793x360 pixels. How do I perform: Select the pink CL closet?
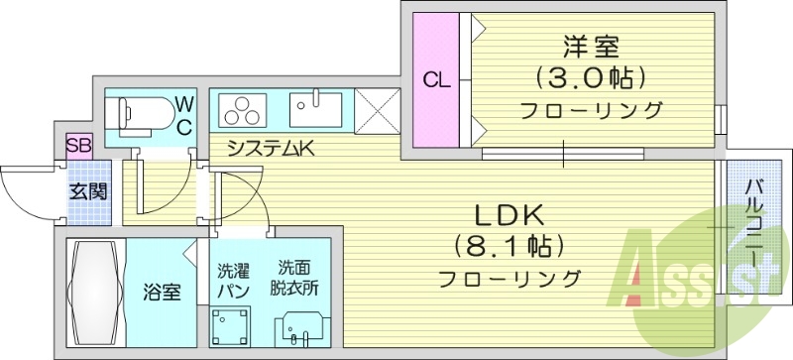click(436, 80)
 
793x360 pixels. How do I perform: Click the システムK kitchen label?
click(270, 150)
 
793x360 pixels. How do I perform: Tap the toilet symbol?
click(145, 116)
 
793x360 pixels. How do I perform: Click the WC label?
click(185, 114)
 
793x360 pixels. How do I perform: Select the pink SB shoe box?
click(78, 147)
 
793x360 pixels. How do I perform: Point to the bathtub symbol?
click(95, 292)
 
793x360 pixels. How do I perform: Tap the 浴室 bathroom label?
click(161, 294)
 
